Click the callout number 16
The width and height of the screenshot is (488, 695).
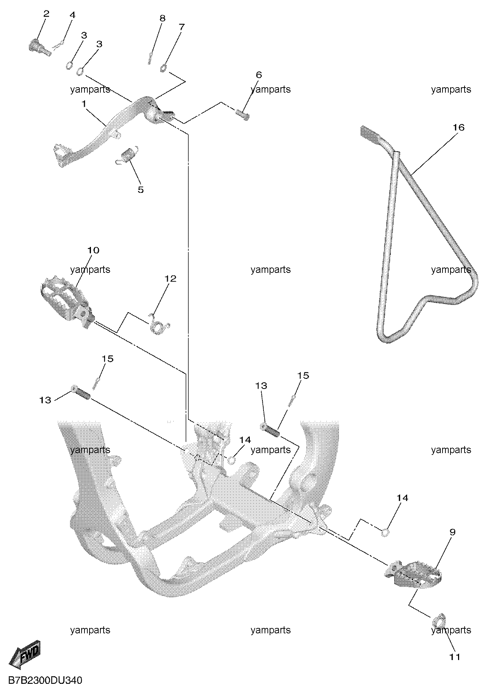point(459,128)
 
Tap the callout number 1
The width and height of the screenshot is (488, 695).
point(84,104)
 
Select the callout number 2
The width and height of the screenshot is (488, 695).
point(46,14)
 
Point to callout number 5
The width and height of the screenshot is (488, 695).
point(141,190)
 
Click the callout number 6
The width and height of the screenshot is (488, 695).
point(258,75)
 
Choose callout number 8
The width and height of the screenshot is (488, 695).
point(162,18)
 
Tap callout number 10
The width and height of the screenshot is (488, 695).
point(93,250)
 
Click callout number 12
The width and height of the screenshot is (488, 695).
point(170,279)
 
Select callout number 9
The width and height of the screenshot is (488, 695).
point(453,532)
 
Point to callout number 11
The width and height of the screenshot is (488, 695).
point(455,657)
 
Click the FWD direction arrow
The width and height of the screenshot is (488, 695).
point(25,652)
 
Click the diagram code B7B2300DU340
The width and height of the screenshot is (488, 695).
point(45,681)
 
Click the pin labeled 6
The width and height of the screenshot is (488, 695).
point(243,115)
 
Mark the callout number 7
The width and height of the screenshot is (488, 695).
point(182,27)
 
